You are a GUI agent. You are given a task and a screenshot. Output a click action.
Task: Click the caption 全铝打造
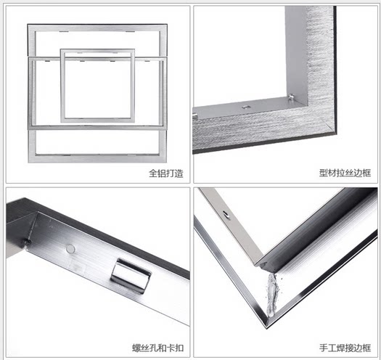(166, 173)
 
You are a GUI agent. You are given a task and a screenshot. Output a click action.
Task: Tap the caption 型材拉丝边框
(345, 173)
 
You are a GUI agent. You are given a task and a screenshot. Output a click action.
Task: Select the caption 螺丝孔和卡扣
(157, 348)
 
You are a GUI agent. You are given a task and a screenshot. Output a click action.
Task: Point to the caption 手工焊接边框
(345, 348)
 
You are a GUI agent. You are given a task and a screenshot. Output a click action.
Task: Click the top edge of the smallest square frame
(97, 51)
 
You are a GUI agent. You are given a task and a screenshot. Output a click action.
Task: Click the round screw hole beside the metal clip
(70, 248)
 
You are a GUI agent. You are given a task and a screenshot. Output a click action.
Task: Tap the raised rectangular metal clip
(131, 275)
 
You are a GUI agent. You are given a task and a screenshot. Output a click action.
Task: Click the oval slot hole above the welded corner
(226, 214)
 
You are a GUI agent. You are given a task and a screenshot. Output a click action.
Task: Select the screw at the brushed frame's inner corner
(290, 97)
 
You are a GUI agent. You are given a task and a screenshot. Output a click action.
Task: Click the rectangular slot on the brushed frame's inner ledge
(245, 107)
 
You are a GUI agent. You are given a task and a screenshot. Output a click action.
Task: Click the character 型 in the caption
(324, 173)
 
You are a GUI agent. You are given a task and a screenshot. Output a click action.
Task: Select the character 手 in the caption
(324, 348)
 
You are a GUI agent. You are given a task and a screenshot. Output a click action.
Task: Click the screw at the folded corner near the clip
(28, 242)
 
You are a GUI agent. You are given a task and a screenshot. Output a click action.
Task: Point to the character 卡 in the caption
(171, 348)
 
